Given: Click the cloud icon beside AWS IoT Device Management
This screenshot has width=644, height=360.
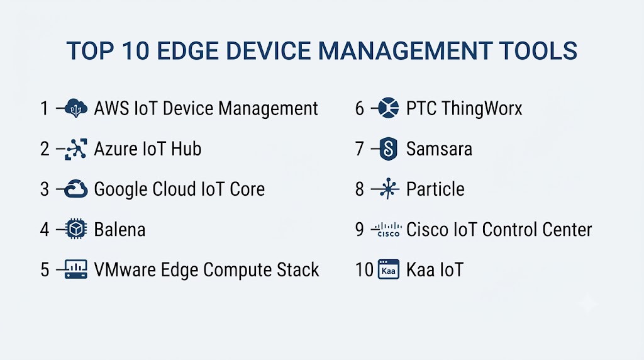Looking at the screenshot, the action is coord(76,108).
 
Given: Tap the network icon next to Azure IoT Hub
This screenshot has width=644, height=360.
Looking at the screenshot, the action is coord(76,149).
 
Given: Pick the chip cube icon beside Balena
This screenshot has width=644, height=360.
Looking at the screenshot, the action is coord(76,229).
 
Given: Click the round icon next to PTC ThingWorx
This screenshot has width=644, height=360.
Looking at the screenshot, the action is coord(388,108).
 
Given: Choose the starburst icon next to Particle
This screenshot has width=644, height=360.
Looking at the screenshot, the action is coord(388,189).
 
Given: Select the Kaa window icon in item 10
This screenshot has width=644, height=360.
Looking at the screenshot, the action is coord(389,269).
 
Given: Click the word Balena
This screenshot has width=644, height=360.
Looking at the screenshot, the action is coord(119,229).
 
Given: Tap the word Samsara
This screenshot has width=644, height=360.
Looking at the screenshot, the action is coord(439,149).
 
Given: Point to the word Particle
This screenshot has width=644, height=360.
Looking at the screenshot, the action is coord(435,189).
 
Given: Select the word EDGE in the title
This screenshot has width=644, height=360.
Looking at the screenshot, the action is coord(187,51).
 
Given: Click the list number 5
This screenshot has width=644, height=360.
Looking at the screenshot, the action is coord(45,270).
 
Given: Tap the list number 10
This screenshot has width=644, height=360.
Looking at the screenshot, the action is coord(364,270).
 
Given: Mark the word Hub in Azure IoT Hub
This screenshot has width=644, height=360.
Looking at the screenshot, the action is coord(186,149).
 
